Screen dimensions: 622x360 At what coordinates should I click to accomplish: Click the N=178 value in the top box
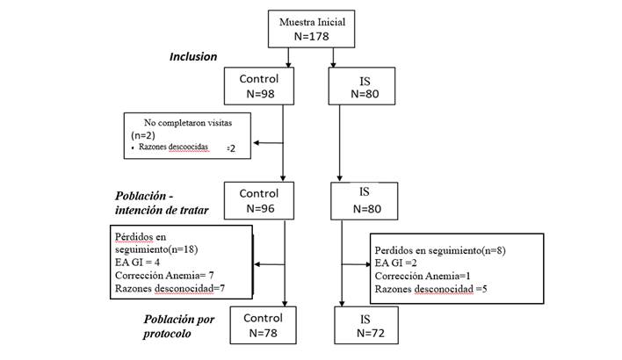[311, 37]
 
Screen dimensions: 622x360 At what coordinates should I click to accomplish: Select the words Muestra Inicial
[312, 22]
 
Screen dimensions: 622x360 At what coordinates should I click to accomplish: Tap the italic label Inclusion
[193, 57]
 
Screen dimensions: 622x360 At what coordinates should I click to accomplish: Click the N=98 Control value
[260, 94]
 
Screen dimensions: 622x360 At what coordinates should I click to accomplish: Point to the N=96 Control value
[260, 209]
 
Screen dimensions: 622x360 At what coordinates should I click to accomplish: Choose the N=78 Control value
[263, 333]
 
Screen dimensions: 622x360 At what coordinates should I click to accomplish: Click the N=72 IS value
[371, 333]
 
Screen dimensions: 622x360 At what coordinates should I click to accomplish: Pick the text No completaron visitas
[188, 123]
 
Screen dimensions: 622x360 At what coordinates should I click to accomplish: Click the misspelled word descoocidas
[188, 147]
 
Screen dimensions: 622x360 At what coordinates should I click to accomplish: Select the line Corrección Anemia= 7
[164, 275]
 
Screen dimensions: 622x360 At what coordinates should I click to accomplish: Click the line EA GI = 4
[137, 263]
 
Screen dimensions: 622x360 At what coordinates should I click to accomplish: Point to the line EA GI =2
[395, 263]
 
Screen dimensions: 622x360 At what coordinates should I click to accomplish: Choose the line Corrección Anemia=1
[423, 276]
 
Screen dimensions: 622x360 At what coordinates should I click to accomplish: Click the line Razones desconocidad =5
[430, 289]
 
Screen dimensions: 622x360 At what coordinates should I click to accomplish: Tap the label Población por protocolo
[179, 327]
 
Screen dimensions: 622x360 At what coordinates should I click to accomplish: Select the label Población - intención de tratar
[162, 203]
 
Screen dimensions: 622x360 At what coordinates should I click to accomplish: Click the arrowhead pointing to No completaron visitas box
[257, 143]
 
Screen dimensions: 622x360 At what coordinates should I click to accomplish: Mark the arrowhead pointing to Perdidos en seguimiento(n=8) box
[368, 264]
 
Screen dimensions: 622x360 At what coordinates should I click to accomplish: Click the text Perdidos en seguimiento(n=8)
[440, 250]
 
